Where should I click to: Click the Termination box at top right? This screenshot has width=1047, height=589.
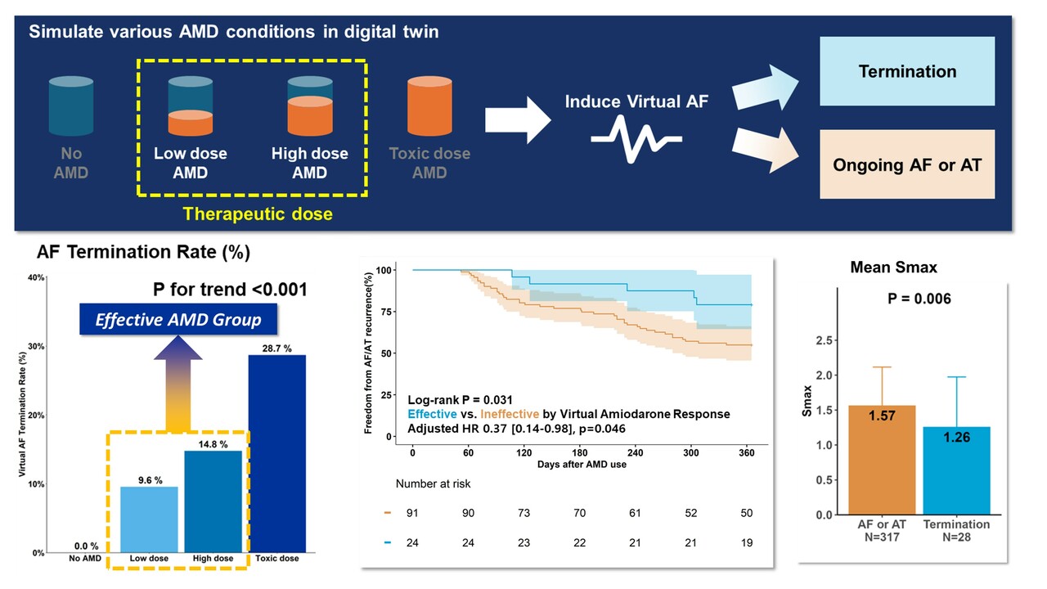click(907, 71)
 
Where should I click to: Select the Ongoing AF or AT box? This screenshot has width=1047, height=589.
click(907, 164)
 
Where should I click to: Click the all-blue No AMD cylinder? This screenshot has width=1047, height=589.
click(71, 106)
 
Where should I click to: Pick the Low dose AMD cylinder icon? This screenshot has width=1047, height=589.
click(191, 106)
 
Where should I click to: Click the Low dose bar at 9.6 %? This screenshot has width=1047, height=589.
click(149, 519)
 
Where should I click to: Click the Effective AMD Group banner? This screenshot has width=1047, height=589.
click(178, 320)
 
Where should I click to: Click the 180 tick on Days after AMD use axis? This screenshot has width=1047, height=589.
click(580, 452)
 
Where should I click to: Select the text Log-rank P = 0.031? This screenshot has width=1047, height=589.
click(460, 399)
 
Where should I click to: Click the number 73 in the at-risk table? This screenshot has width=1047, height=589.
click(523, 513)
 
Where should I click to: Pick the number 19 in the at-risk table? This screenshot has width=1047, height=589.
click(745, 542)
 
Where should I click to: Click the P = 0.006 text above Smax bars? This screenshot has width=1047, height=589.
click(919, 299)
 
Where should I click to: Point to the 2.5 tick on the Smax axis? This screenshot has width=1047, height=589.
click(829, 339)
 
